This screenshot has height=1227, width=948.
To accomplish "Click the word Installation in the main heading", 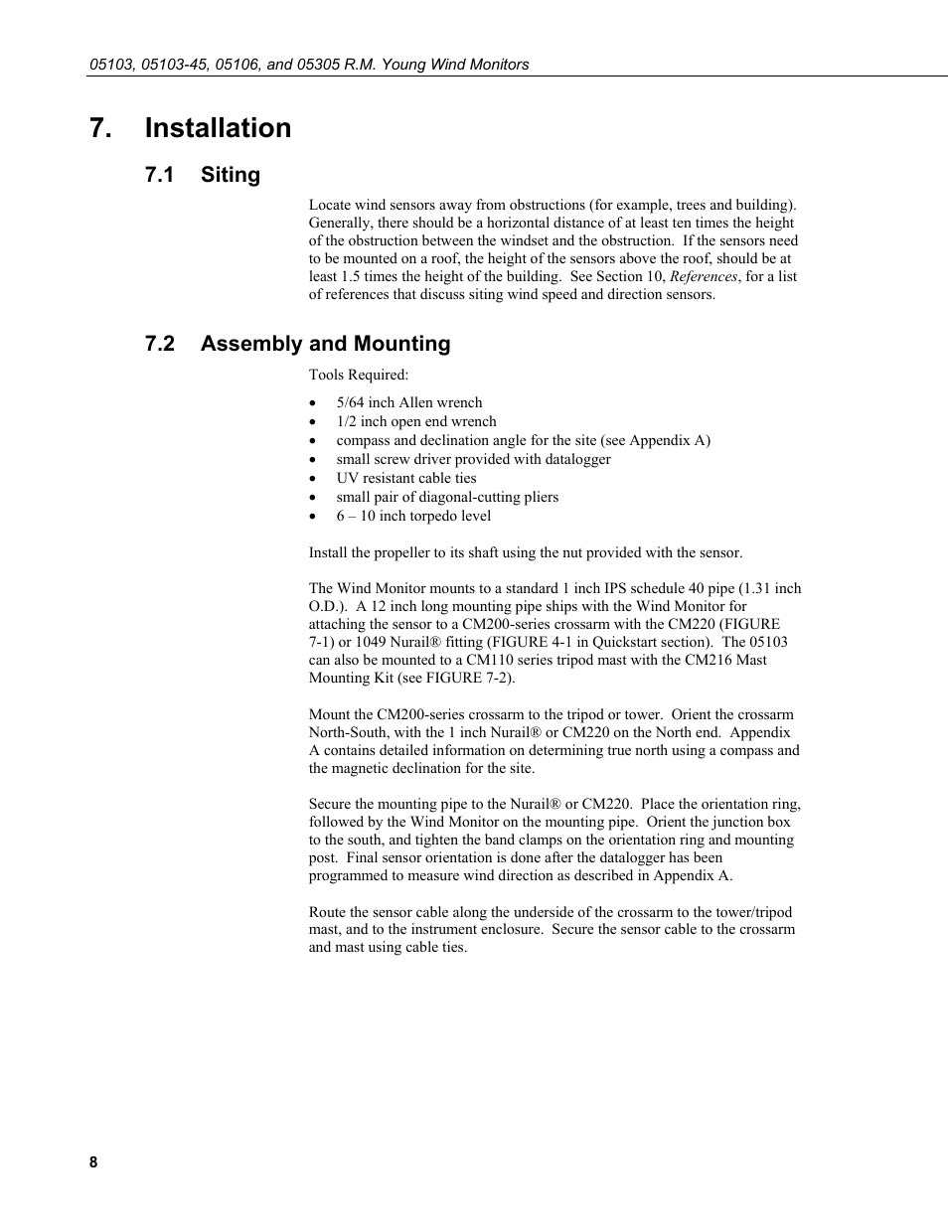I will (218, 128).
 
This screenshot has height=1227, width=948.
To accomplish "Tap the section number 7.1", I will (159, 175).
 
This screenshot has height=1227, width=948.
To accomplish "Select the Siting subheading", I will (230, 175).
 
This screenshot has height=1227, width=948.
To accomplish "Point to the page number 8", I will (93, 1163).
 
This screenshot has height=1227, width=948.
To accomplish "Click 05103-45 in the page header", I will (173, 65).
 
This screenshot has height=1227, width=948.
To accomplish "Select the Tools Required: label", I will (358, 375).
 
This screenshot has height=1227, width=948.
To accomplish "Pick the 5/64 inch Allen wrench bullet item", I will (408, 402).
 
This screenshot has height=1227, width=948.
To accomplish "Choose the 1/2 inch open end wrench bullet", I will (415, 421).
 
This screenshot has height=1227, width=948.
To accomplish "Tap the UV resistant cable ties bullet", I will (405, 478).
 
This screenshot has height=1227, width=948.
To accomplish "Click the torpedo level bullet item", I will (412, 516).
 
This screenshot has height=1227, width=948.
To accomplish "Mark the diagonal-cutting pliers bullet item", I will (446, 497).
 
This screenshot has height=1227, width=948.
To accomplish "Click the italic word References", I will (703, 276).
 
